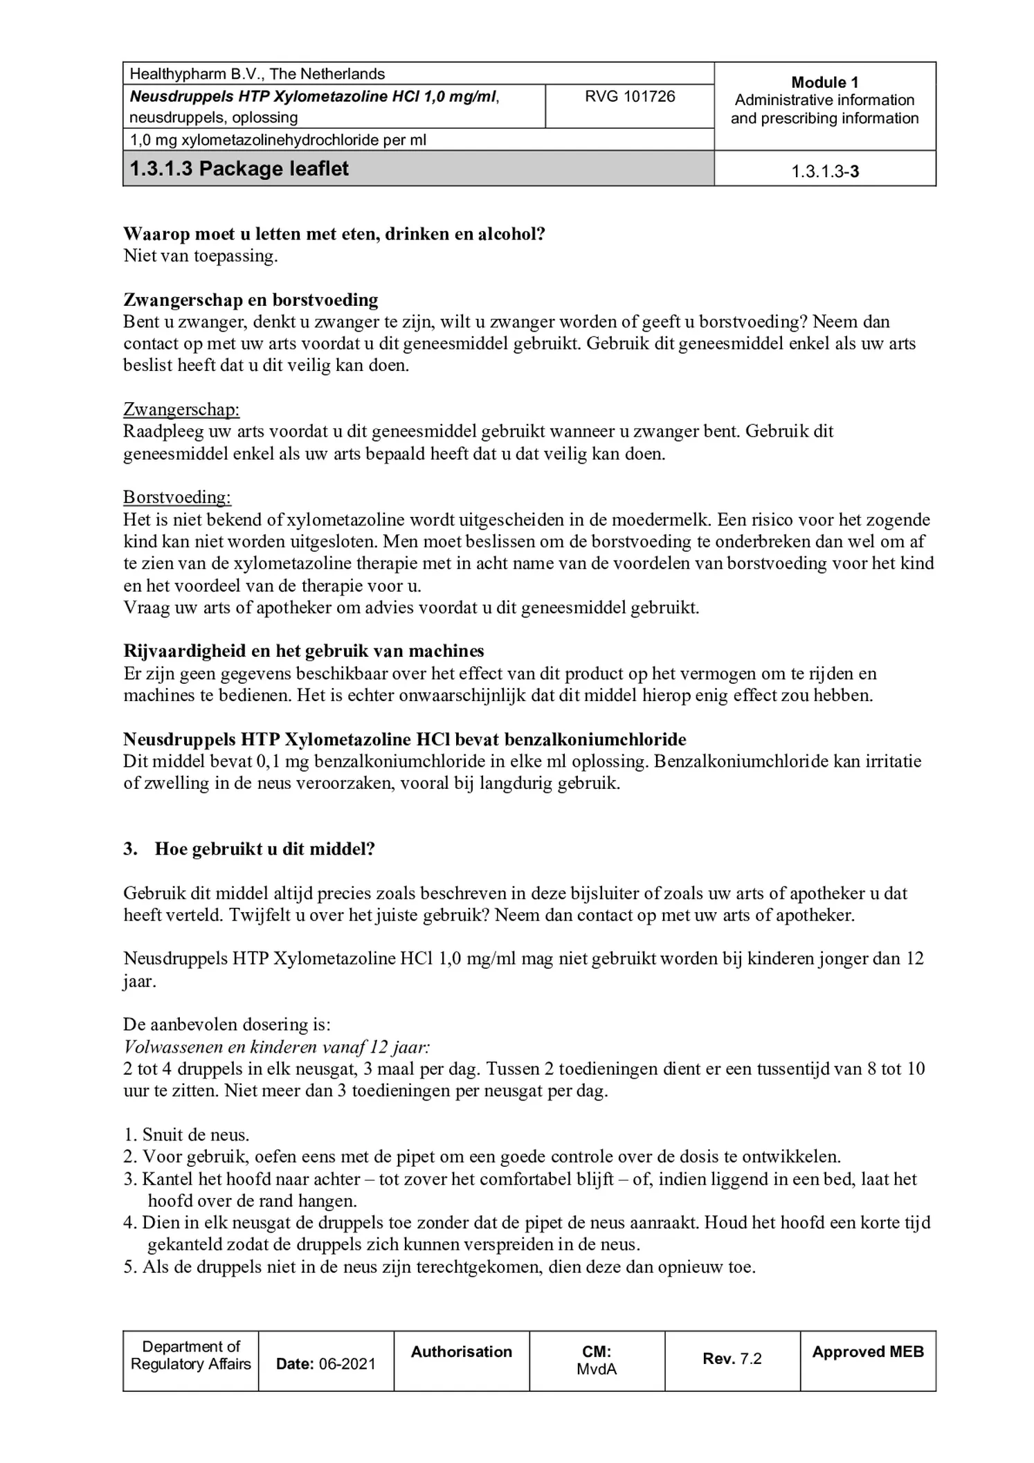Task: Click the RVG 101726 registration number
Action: pyautogui.click(x=629, y=96)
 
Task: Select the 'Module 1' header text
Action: pyautogui.click(x=824, y=82)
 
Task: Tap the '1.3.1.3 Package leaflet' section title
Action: pyautogui.click(x=239, y=169)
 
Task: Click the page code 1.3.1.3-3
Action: pyautogui.click(x=825, y=172)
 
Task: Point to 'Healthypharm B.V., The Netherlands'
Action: pyautogui.click(x=257, y=74)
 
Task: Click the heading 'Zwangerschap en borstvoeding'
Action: pyautogui.click(x=251, y=300)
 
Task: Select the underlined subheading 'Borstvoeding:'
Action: pyautogui.click(x=177, y=497)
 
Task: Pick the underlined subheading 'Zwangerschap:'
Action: pyautogui.click(x=181, y=409)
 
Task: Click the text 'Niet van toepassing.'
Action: pyautogui.click(x=201, y=256)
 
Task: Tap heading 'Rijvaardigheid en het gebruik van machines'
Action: pyautogui.click(x=304, y=651)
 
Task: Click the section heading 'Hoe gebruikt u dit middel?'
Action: pyautogui.click(x=264, y=849)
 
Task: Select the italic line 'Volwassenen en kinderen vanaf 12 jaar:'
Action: pyautogui.click(x=278, y=1046)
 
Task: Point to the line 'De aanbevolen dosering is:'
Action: pyautogui.click(x=227, y=1024)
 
